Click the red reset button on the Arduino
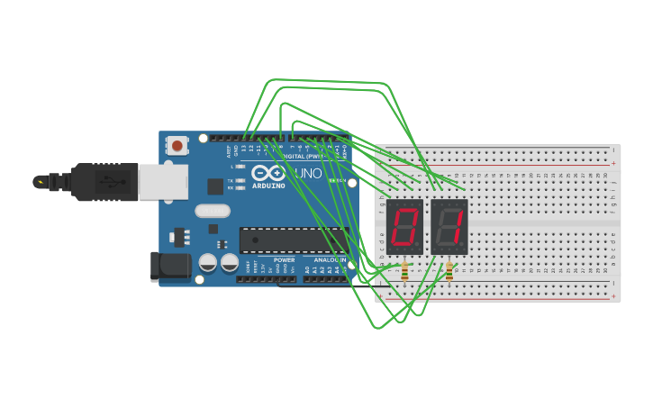coord(177,145)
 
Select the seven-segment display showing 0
coord(404,226)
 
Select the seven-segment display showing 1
coord(449,226)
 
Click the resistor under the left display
coord(404,270)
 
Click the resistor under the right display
coord(449,270)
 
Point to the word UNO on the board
coord(307,173)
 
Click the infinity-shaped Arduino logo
coord(268,173)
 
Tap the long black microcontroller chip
coord(293,240)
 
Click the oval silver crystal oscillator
coord(213,212)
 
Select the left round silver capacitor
coord(207,262)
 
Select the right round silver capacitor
coord(230,262)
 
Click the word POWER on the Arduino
coord(284,259)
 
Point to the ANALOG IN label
coord(330,259)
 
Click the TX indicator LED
coord(240,180)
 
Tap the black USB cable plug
coord(104,181)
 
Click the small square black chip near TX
coord(215,186)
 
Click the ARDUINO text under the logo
coord(268,186)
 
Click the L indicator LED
coord(240,167)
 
